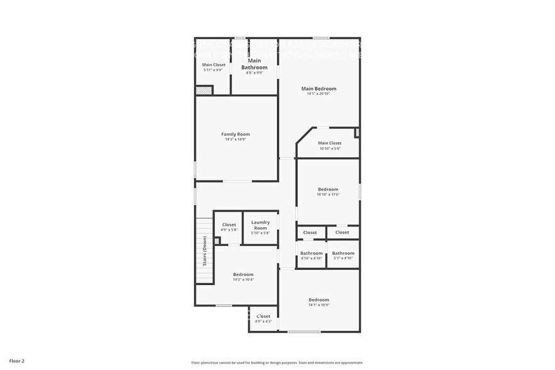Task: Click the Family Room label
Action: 235,134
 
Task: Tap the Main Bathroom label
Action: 255,64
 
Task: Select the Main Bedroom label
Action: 318,89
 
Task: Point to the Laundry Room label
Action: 261,225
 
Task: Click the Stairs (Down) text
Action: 205,251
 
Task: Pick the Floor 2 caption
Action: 17,361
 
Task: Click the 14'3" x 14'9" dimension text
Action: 235,140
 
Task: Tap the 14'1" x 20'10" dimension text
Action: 318,94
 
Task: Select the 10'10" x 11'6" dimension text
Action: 328,194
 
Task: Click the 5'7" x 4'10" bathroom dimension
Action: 343,259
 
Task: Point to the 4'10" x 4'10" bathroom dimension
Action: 311,259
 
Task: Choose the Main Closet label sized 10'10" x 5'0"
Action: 330,143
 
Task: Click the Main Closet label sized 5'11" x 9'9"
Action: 213,65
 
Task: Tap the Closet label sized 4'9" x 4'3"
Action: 263,316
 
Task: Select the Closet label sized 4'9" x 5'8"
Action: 229,225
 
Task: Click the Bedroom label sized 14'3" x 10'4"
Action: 244,274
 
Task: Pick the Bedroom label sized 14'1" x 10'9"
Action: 318,300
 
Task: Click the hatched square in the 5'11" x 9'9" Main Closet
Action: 203,90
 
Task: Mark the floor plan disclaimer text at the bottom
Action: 277,362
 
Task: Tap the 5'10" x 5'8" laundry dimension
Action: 261,233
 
